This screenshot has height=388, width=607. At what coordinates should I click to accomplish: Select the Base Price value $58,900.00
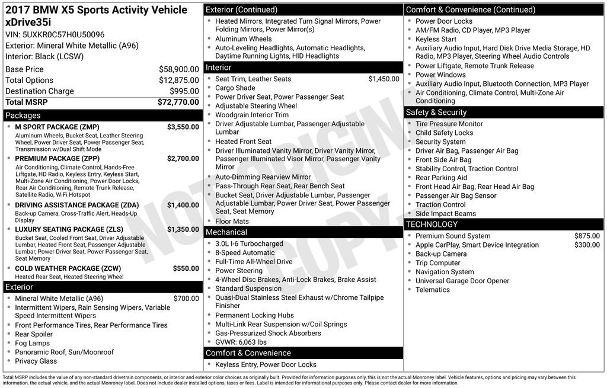tap(178, 69)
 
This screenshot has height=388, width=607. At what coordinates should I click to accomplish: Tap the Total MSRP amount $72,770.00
tap(178, 102)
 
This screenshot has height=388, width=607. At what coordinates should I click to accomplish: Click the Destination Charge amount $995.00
tap(184, 91)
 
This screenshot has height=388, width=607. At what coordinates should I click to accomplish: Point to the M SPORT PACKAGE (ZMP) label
tap(57, 127)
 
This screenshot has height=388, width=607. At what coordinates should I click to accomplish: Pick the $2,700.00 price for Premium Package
tap(183, 158)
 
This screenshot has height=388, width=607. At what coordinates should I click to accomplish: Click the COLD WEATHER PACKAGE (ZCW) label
tap(68, 268)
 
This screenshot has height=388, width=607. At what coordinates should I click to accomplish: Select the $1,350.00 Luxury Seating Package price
tap(183, 229)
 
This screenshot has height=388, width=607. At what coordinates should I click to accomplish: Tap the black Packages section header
tap(103, 116)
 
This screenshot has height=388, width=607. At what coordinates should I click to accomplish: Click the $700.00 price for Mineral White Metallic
tap(186, 299)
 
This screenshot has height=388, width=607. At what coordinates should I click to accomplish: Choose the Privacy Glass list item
tap(36, 361)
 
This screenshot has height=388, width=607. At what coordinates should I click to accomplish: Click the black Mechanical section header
tap(303, 232)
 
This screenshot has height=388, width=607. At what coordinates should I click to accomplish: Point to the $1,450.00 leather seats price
tap(384, 79)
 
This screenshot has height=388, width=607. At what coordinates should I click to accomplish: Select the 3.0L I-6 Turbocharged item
tap(249, 243)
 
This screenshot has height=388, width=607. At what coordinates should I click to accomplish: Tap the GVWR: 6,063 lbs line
tap(241, 342)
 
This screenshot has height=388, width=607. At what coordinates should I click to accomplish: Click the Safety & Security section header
tap(504, 112)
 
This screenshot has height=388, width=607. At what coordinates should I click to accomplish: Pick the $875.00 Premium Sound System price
tap(587, 236)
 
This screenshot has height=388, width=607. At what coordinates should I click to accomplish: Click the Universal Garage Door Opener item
tap(462, 281)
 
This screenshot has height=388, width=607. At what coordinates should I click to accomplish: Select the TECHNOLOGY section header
tap(504, 225)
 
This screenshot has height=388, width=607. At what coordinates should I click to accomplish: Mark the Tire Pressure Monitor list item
tap(449, 124)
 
